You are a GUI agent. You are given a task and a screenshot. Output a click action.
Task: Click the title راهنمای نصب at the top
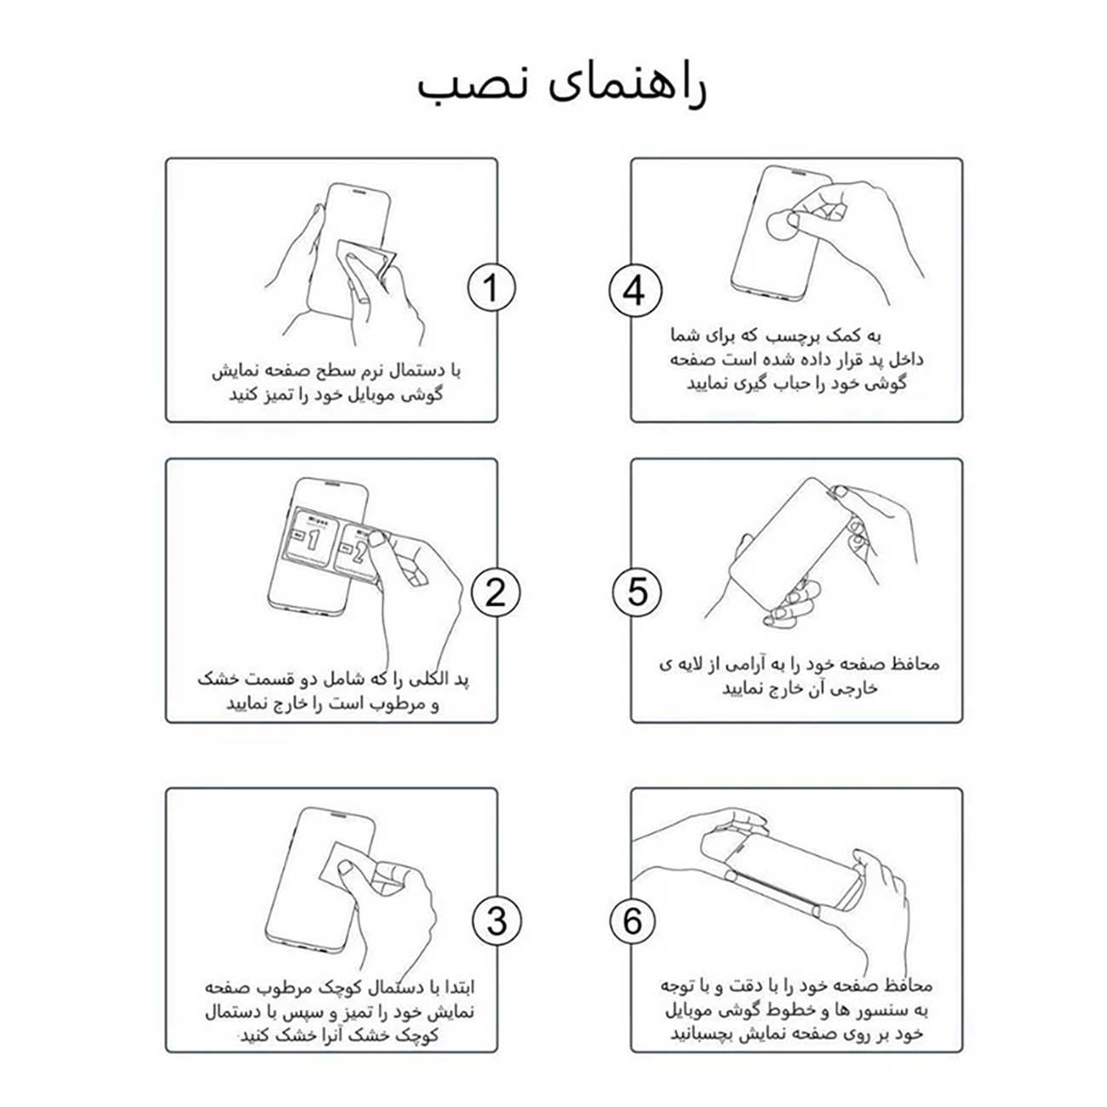pos(562,86)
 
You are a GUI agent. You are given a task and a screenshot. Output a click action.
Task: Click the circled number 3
pos(496,921)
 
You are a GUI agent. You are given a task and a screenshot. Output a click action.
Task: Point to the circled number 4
pos(634,290)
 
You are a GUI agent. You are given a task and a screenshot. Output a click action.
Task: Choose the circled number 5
pos(637,591)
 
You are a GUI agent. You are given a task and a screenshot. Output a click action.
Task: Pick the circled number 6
pos(633,921)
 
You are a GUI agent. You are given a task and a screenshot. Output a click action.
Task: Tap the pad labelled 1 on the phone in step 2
pos(307,538)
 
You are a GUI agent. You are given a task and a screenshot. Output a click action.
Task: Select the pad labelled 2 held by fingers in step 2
pos(355,551)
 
